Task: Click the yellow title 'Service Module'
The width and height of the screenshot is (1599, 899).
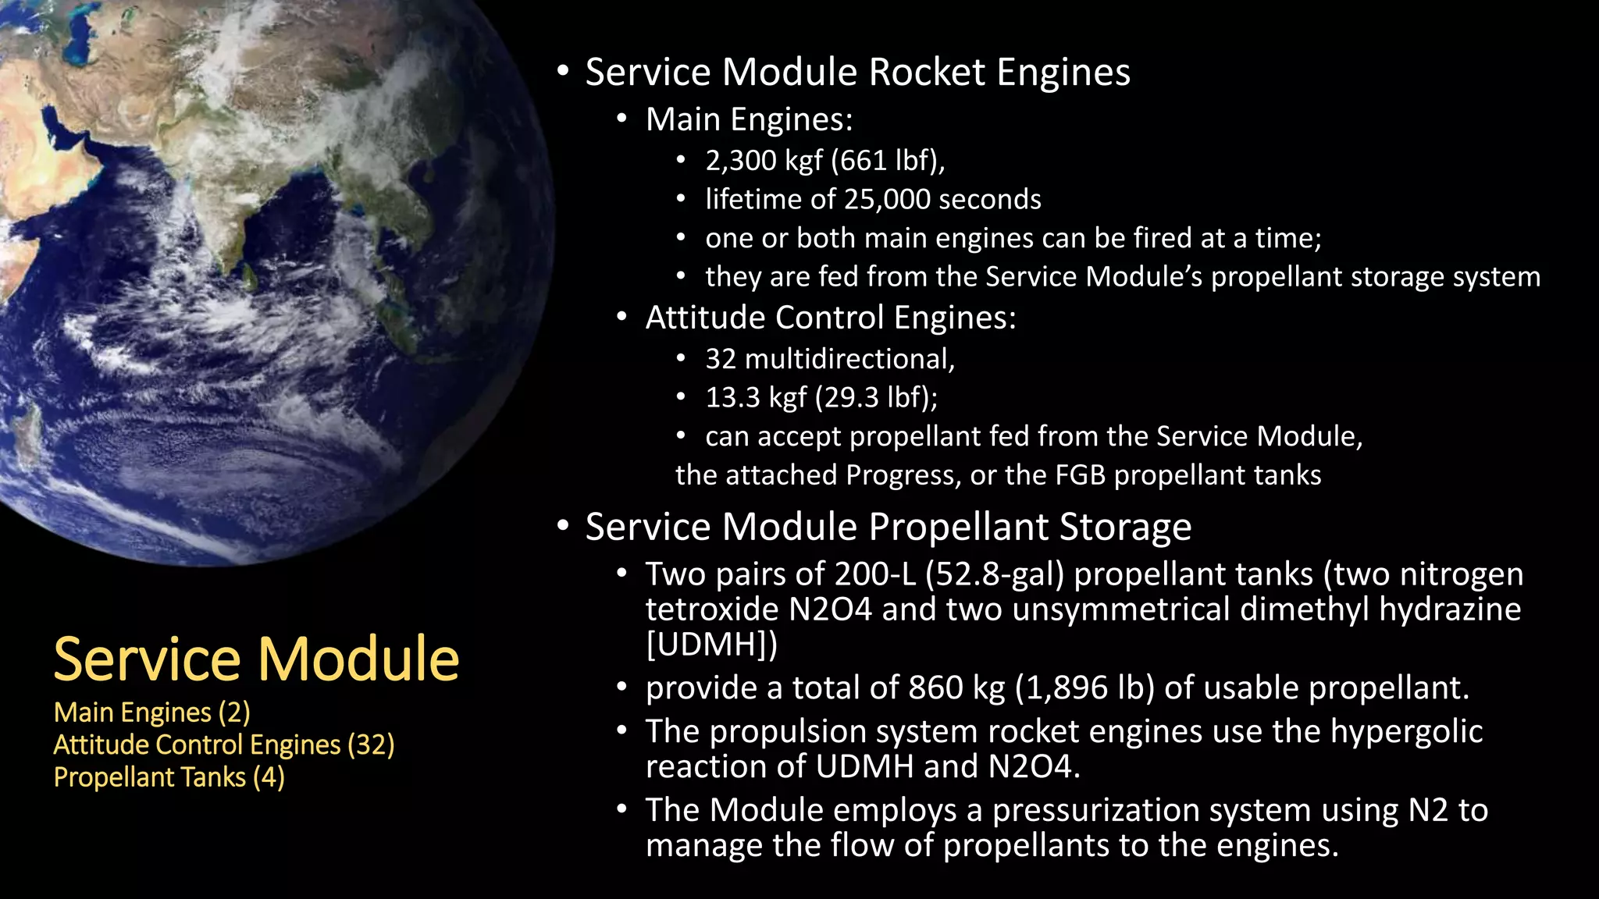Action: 256,659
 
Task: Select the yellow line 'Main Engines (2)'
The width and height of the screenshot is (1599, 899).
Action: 151,712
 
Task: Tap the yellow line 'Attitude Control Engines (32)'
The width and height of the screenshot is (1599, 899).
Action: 223,745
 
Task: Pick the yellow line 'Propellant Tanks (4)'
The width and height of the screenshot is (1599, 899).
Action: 169,777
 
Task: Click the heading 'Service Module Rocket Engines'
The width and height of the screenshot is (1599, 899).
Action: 857,72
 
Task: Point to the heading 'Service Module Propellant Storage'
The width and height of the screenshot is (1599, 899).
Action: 888,527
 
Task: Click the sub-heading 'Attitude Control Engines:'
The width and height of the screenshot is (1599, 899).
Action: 831,318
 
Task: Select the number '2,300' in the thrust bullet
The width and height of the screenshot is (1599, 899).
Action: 741,161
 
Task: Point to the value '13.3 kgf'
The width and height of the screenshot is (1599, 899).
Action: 756,398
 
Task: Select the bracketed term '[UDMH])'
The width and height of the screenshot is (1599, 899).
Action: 711,645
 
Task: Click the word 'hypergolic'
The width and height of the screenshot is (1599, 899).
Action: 1406,732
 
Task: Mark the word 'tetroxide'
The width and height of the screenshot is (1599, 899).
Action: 711,609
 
